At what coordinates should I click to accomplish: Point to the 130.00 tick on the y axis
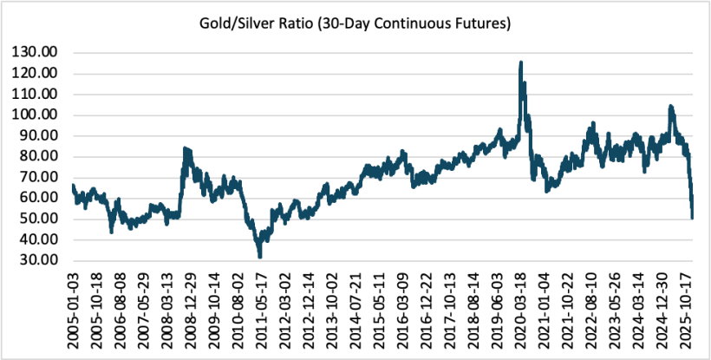[x=35, y=52]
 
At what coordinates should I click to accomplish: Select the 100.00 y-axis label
[x=35, y=115]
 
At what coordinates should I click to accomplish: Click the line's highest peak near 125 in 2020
[x=520, y=62]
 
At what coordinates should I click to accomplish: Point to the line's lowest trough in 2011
[x=259, y=257]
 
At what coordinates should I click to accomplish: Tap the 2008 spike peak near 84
[x=185, y=148]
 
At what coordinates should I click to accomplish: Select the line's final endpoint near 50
[x=692, y=218]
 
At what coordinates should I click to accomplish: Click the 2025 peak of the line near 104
[x=670, y=107]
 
